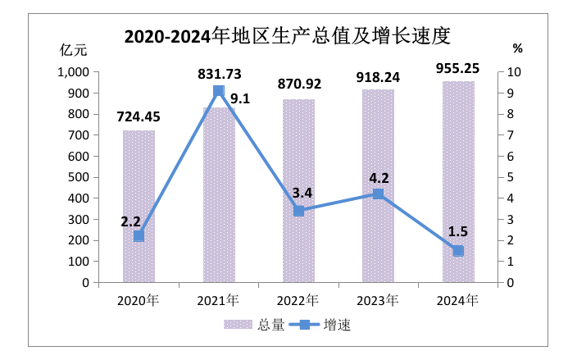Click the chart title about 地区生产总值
click(x=287, y=37)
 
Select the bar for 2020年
click(x=139, y=206)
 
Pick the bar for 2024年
click(x=458, y=181)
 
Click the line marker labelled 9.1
click(x=219, y=91)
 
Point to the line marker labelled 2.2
click(x=139, y=236)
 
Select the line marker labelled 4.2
click(x=378, y=194)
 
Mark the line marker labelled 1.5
click(x=458, y=251)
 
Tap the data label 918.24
click(x=378, y=77)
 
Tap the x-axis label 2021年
click(x=219, y=299)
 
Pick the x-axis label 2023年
click(x=378, y=299)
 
